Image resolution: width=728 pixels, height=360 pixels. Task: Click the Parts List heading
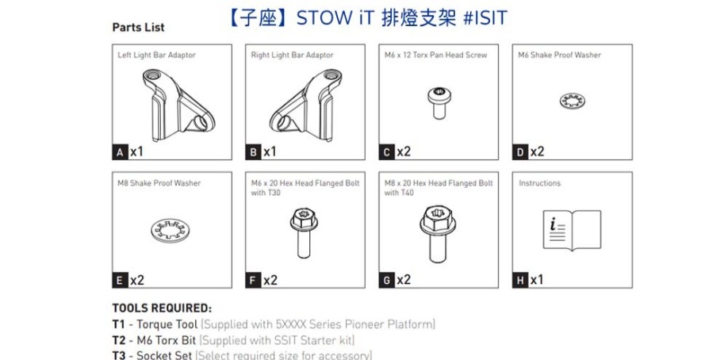pyautogui.click(x=138, y=28)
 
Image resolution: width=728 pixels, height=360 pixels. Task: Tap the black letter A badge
pyautogui.click(x=121, y=152)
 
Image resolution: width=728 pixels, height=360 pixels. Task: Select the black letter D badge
pyautogui.click(x=520, y=152)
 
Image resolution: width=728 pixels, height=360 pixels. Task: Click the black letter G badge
pyautogui.click(x=387, y=281)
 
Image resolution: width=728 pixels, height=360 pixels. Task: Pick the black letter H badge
pyautogui.click(x=520, y=281)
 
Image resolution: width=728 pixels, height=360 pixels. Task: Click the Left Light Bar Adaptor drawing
pyautogui.click(x=178, y=105)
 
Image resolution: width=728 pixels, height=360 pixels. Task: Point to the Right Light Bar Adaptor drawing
pyautogui.click(x=305, y=105)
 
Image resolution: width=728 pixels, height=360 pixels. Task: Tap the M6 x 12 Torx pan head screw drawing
pyautogui.click(x=439, y=102)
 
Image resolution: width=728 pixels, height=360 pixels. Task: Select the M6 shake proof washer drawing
pyautogui.click(x=572, y=101)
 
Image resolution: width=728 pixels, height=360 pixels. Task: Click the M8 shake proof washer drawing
pyautogui.click(x=171, y=231)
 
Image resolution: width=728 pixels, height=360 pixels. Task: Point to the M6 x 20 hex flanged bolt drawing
pyautogui.click(x=304, y=233)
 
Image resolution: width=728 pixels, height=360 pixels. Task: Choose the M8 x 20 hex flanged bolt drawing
pyautogui.click(x=438, y=234)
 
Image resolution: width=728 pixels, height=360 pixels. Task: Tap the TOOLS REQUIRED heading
pyautogui.click(x=162, y=308)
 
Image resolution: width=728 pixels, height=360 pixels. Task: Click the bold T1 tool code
pyautogui.click(x=119, y=324)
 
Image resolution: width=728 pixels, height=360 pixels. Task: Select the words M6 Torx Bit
pyautogui.click(x=167, y=340)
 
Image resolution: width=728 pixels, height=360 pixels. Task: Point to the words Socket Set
pyautogui.click(x=164, y=356)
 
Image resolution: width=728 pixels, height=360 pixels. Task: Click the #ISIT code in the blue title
pyautogui.click(x=485, y=18)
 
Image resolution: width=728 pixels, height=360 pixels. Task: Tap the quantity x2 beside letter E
pyautogui.click(x=137, y=281)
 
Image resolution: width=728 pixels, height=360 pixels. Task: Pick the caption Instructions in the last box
pyautogui.click(x=539, y=183)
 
